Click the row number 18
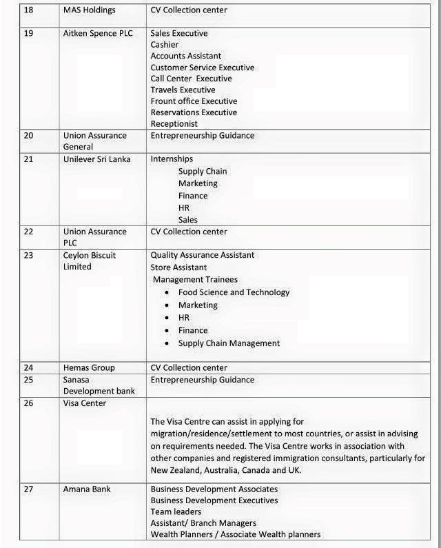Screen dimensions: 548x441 pos(28,10)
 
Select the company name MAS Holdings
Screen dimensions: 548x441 pos(89,10)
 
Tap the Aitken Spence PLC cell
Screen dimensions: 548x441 pos(97,33)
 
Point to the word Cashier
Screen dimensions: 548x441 pos(165,44)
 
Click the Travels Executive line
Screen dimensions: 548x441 pos(183,90)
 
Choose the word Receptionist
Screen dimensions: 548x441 pos(174,123)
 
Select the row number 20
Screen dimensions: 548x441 pos(28,135)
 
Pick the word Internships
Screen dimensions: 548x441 pos(172,159)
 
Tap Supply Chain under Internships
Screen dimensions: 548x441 pos(203,171)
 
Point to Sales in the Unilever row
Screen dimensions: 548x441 pos(187,220)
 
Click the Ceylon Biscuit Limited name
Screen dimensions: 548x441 pos(89,261)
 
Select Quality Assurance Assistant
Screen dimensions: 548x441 pos(203,255)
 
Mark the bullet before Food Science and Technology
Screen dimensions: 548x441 pos(167,293)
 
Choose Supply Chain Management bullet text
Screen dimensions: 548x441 pos(229,343)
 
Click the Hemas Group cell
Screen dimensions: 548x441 pos(89,367)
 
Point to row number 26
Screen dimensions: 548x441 pos(28,403)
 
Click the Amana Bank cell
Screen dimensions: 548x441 pos(86,489)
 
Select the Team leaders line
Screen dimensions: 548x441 pos(176,511)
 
